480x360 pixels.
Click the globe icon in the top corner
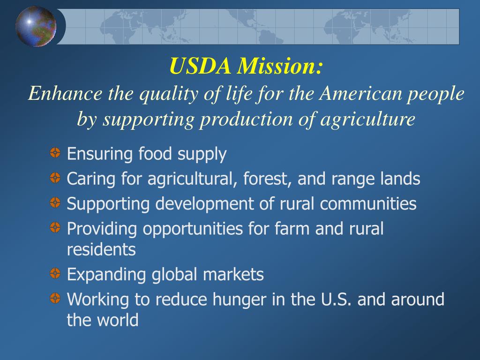(x=36, y=26)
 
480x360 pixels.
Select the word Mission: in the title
(x=279, y=66)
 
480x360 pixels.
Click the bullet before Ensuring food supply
(x=55, y=152)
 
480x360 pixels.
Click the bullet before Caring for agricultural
(x=55, y=178)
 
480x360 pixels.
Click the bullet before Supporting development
(x=55, y=202)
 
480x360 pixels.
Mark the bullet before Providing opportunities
(x=55, y=228)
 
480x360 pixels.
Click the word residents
(x=101, y=249)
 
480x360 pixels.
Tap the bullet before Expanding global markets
(x=55, y=273)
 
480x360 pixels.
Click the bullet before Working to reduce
(x=55, y=298)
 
